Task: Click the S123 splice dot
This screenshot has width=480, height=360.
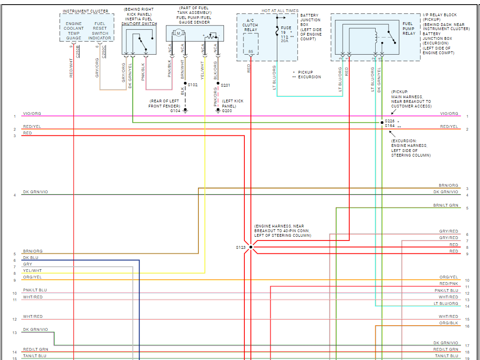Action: pyautogui.click(x=251, y=247)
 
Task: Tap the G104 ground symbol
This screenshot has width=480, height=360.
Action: pyautogui.click(x=185, y=110)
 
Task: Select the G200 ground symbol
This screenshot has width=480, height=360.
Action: pyautogui.click(x=218, y=111)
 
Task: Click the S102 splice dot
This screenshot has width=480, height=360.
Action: pyautogui.click(x=185, y=83)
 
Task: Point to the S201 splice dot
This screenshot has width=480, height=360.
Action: pyautogui.click(x=218, y=83)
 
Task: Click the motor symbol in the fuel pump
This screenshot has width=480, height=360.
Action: pyautogui.click(x=179, y=33)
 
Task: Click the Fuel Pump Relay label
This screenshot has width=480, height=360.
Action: pyautogui.click(x=409, y=28)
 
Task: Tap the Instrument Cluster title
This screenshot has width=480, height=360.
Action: pyautogui.click(x=85, y=11)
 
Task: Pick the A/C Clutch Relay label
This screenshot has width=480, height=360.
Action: pyautogui.click(x=250, y=25)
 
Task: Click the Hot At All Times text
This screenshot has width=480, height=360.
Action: pyautogui.click(x=280, y=11)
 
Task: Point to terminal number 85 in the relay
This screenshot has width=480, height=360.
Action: pyautogui.click(x=251, y=51)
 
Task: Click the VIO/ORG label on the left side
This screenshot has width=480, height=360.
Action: pyautogui.click(x=32, y=114)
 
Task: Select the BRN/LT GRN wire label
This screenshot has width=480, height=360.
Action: pyautogui.click(x=446, y=205)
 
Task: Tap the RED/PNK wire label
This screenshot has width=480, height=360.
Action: pyautogui.click(x=449, y=284)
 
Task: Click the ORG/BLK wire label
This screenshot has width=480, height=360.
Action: pyautogui.click(x=449, y=323)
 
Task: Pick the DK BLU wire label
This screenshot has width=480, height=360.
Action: pyautogui.click(x=31, y=258)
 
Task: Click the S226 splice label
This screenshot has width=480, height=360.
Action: pyautogui.click(x=390, y=121)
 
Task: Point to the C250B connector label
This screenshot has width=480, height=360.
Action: pyautogui.click(x=78, y=52)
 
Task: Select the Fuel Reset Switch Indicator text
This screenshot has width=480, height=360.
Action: pyautogui.click(x=100, y=31)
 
